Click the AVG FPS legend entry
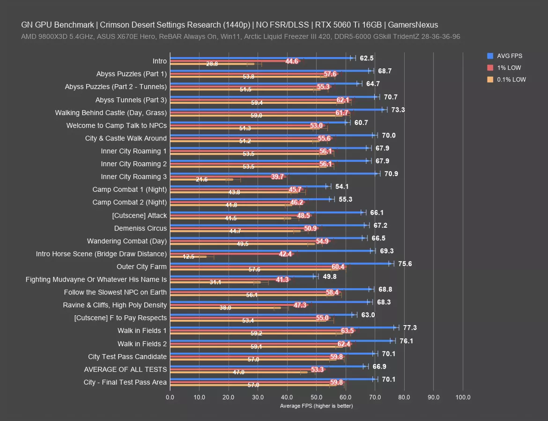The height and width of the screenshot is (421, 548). [x=510, y=56]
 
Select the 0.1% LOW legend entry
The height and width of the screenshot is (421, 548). [x=511, y=80]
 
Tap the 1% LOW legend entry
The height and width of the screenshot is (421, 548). [x=509, y=68]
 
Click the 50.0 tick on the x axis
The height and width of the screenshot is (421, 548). [x=316, y=397]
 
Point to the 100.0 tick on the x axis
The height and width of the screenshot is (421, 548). [x=463, y=397]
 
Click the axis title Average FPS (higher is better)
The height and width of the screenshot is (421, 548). [x=316, y=406]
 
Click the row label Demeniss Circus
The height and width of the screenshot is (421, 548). [x=141, y=228]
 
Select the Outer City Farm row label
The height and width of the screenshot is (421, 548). [x=141, y=267]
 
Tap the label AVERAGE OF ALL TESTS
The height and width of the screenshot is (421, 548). [x=125, y=369]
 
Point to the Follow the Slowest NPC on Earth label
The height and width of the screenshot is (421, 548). [x=115, y=292]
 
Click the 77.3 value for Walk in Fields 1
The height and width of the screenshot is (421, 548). [x=410, y=328]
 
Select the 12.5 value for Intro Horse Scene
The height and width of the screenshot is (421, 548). [x=188, y=257]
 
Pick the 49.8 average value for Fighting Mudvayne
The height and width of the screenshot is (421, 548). [x=330, y=276]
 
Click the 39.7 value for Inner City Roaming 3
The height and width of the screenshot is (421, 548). [x=278, y=177]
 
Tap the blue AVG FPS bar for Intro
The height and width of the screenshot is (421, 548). [x=260, y=58]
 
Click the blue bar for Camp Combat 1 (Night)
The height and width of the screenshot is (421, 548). [x=248, y=186]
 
